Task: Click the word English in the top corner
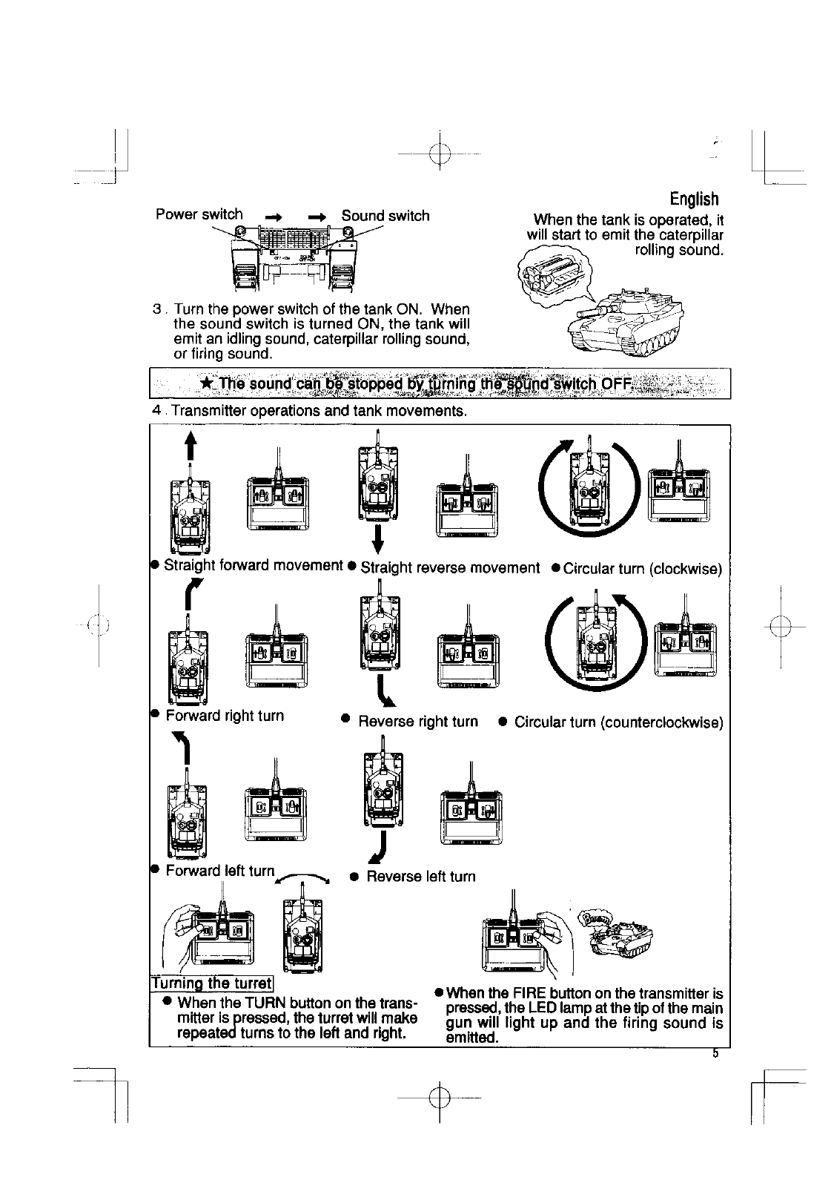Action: click(x=694, y=199)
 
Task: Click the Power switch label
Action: click(x=199, y=214)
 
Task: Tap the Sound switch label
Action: click(x=385, y=216)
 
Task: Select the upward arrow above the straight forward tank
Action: click(x=191, y=447)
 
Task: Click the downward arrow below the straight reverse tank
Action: click(x=378, y=539)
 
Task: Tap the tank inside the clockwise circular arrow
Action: click(x=589, y=486)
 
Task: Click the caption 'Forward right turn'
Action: click(x=225, y=716)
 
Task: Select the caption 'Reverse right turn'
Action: click(x=418, y=722)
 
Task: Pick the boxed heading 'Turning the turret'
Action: click(x=212, y=983)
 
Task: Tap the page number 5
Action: click(x=715, y=1054)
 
